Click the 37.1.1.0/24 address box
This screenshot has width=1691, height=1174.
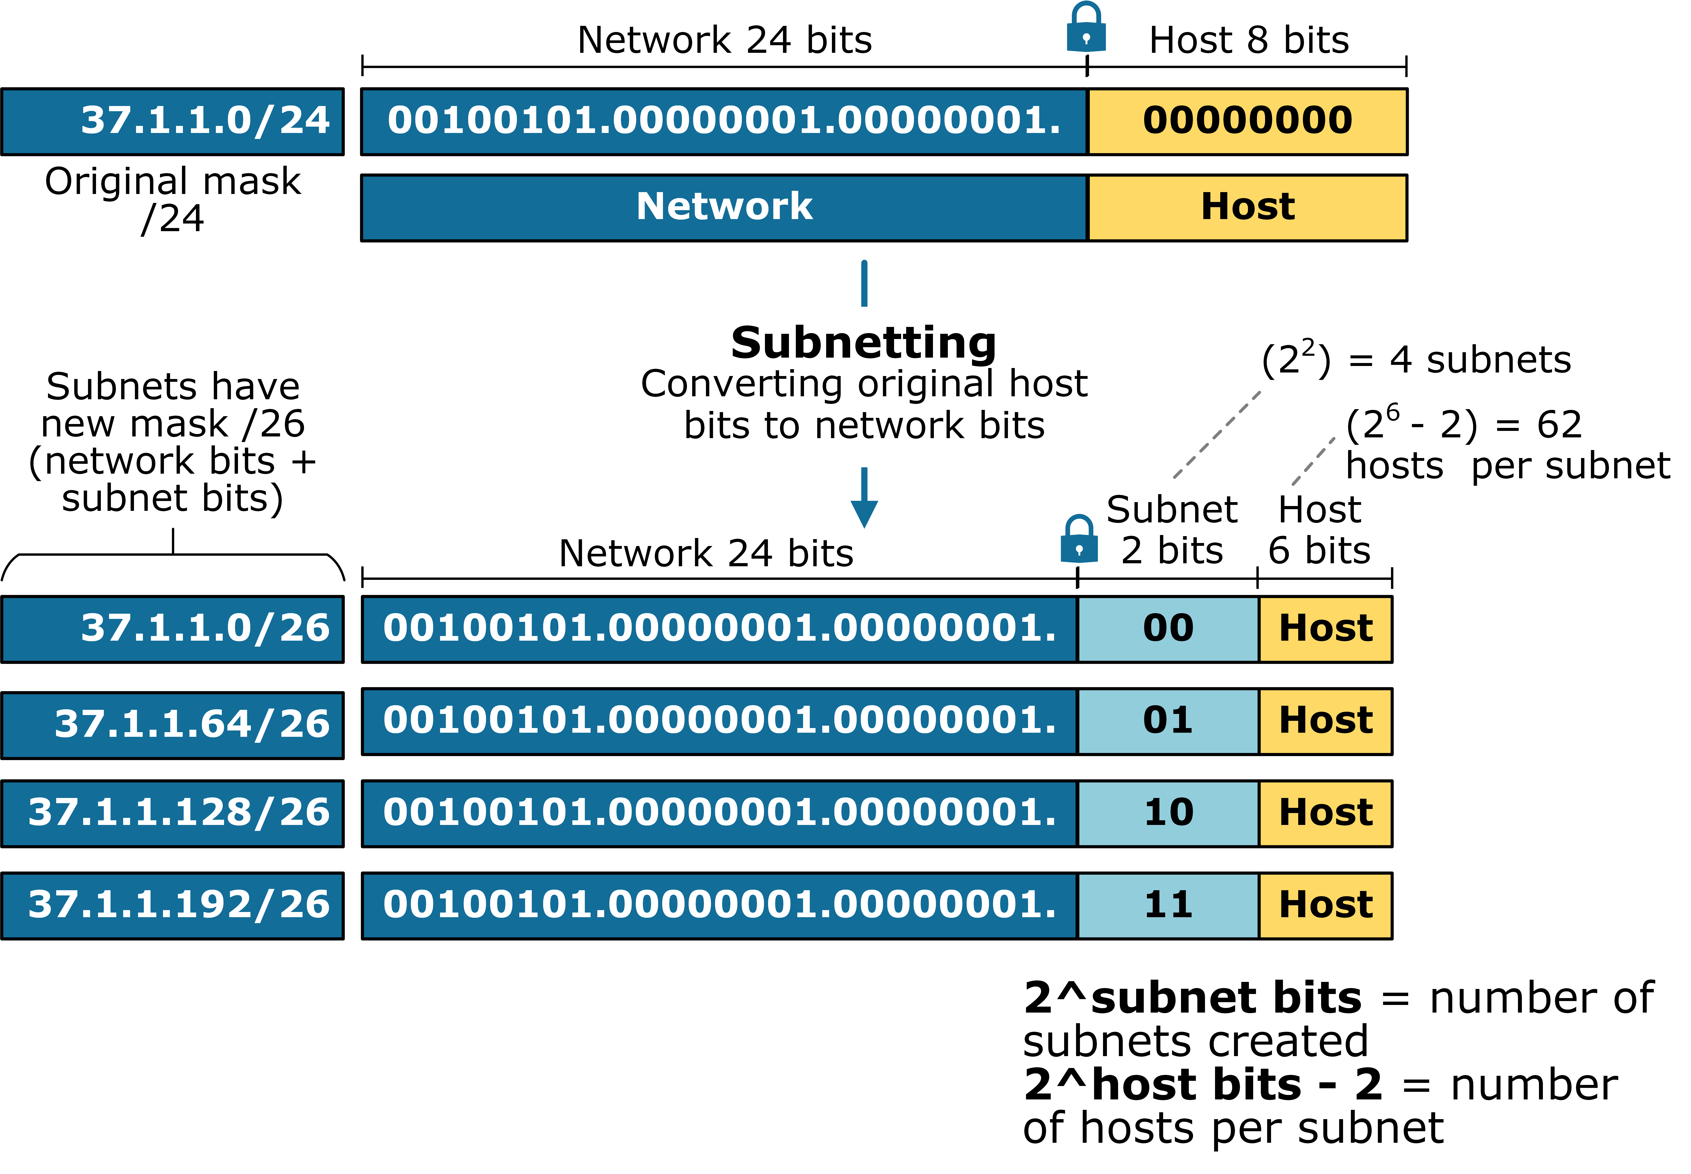point(172,121)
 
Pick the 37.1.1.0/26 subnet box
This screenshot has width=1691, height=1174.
point(172,629)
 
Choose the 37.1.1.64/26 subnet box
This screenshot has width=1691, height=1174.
point(172,725)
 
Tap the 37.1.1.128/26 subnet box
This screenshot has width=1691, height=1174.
point(172,813)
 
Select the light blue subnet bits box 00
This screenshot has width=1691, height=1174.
point(1168,629)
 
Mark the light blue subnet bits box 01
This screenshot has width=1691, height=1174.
point(1168,721)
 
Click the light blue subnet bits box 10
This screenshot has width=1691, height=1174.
point(1168,813)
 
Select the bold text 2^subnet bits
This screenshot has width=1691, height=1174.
point(1192,999)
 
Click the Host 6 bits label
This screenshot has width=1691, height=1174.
point(1319,530)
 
